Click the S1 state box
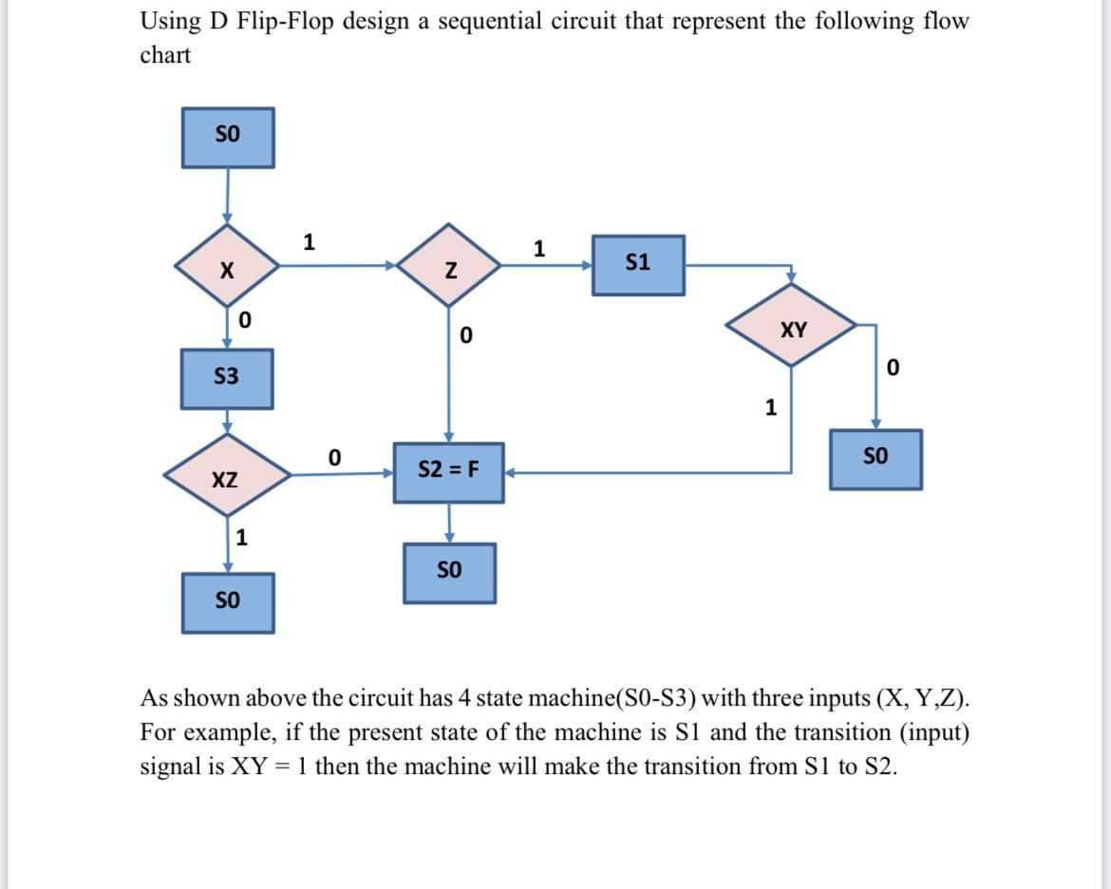pyautogui.click(x=638, y=265)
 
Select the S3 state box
pyautogui.click(x=227, y=378)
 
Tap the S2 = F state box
pyautogui.click(x=449, y=471)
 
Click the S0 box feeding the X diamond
pyautogui.click(x=227, y=137)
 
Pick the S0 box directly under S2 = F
pyautogui.click(x=449, y=573)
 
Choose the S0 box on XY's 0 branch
pyautogui.click(x=876, y=459)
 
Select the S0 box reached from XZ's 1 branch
pyautogui.click(x=227, y=602)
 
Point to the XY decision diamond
pyautogui.click(x=793, y=330)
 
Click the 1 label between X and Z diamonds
pyautogui.click(x=308, y=240)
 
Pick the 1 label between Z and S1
pyautogui.click(x=539, y=249)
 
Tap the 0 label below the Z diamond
pyautogui.click(x=465, y=335)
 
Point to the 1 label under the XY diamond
pyautogui.click(x=771, y=408)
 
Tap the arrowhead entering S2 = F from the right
pyautogui.click(x=509, y=471)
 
